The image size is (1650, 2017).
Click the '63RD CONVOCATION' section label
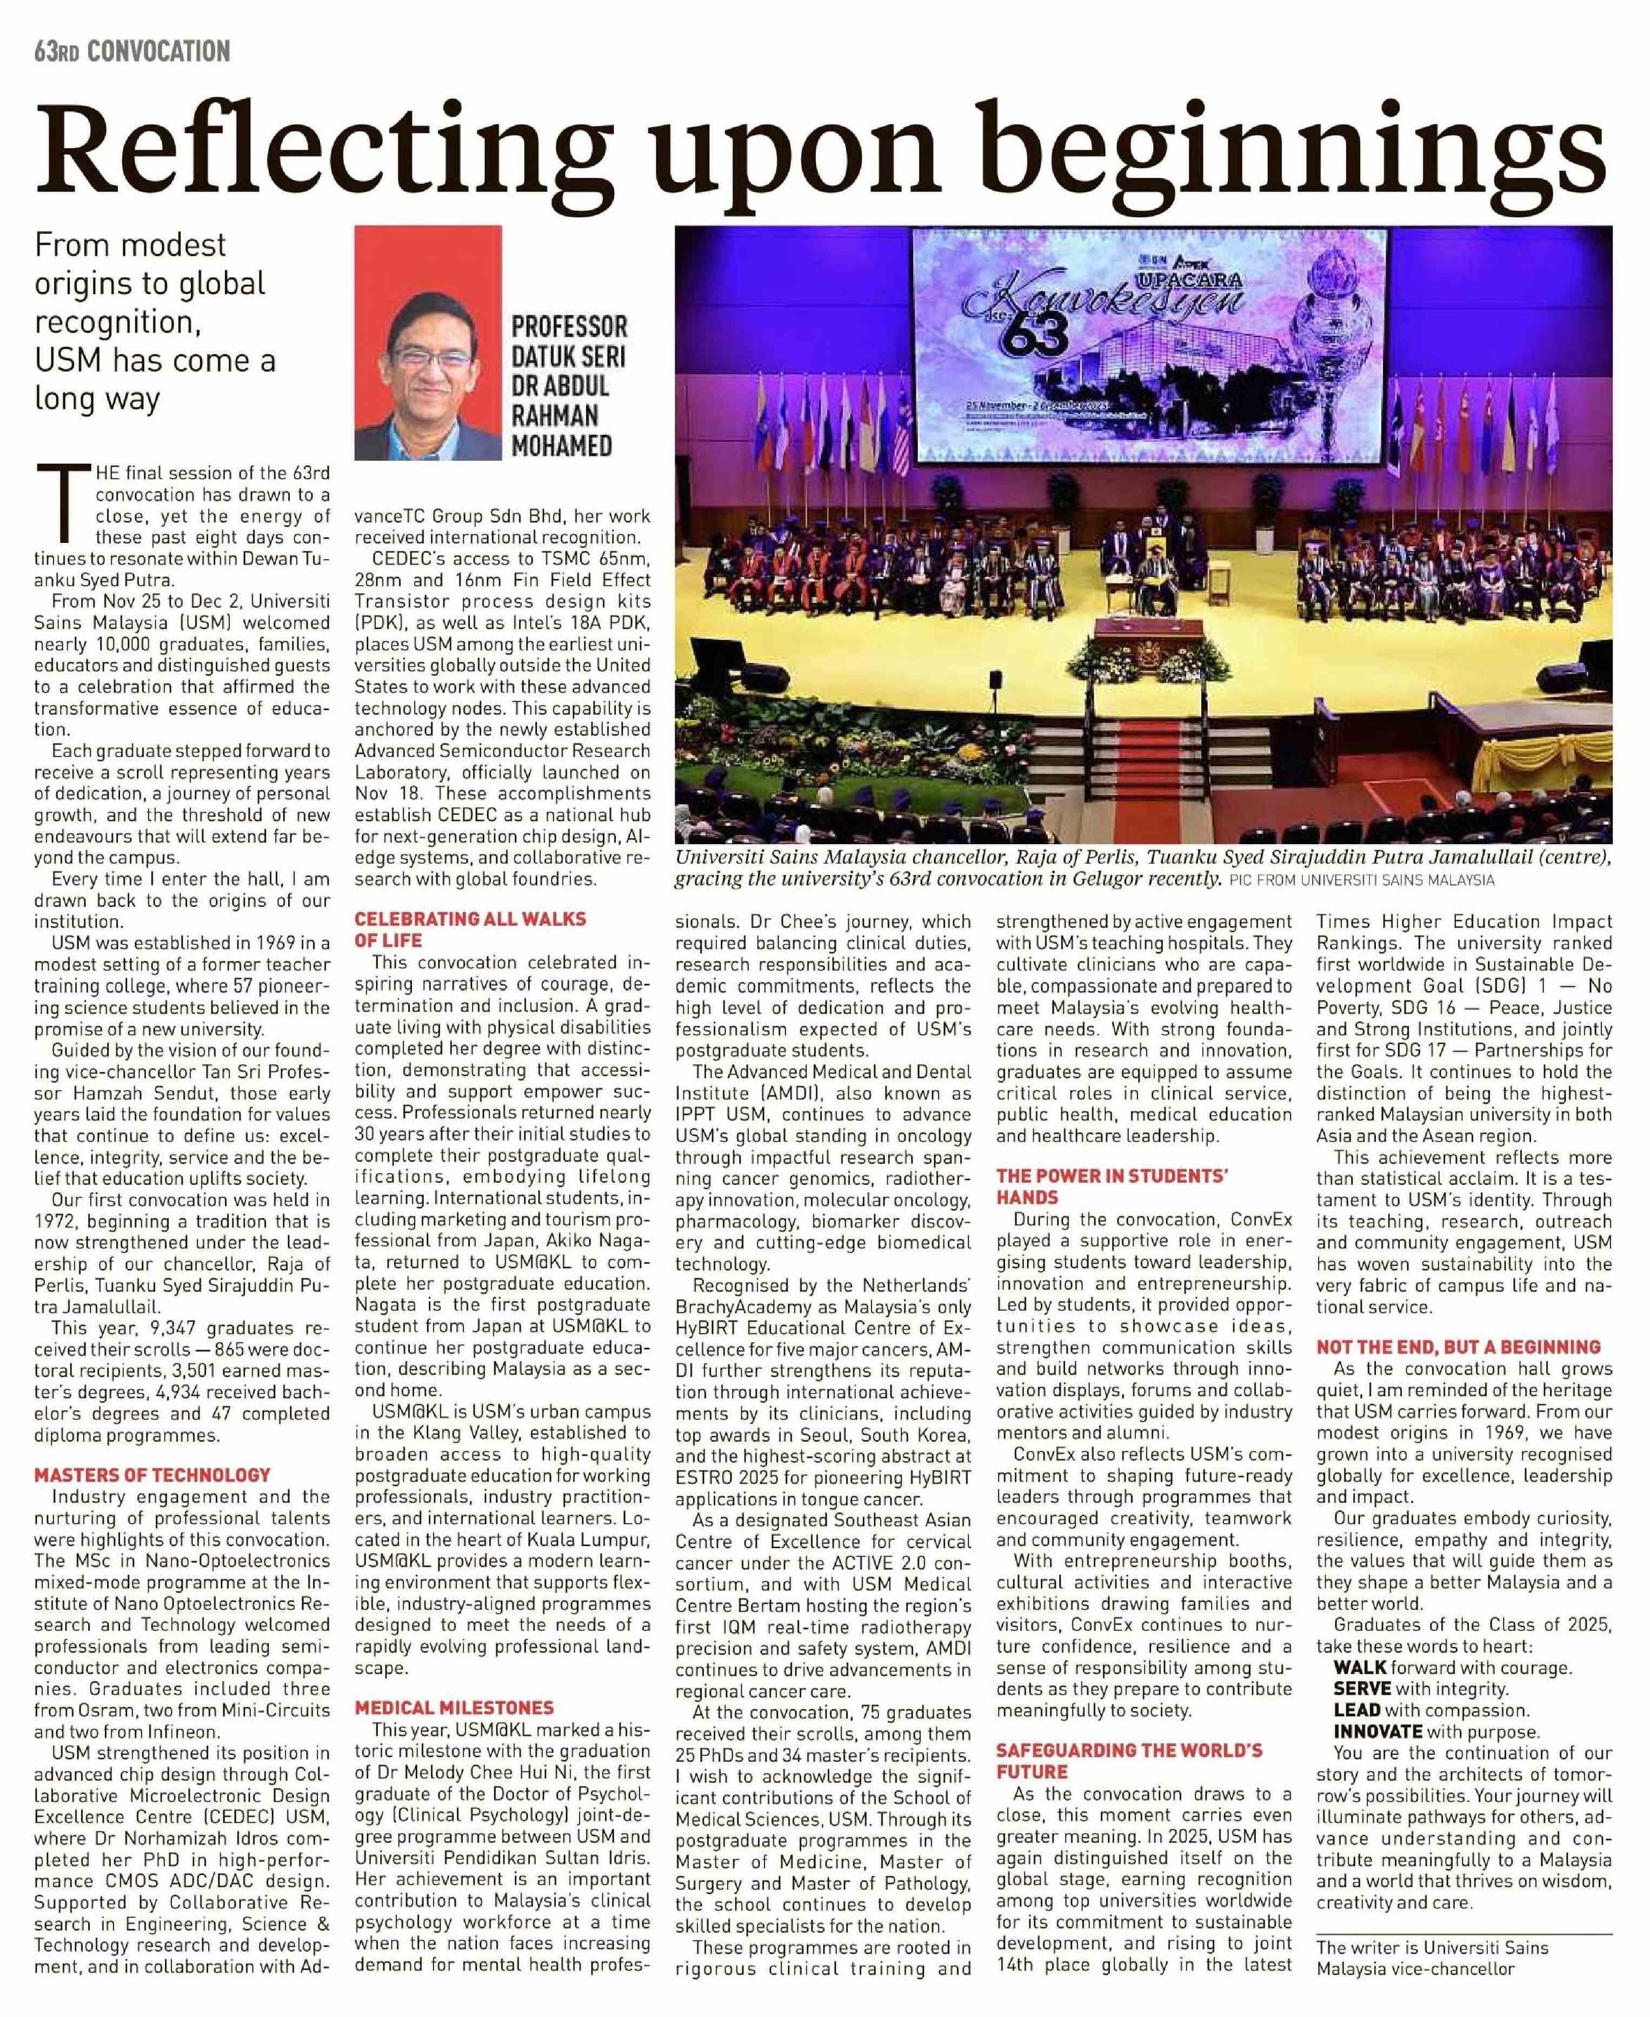(132, 50)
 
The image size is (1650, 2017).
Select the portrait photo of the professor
(428, 343)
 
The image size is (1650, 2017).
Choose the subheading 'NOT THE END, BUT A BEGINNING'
(1458, 1347)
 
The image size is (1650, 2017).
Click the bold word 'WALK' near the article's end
(1360, 1667)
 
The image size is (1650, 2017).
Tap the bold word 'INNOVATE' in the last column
(1377, 1732)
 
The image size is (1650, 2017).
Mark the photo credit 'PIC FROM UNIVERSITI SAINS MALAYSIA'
(1361, 881)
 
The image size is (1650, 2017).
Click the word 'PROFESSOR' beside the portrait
(569, 328)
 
